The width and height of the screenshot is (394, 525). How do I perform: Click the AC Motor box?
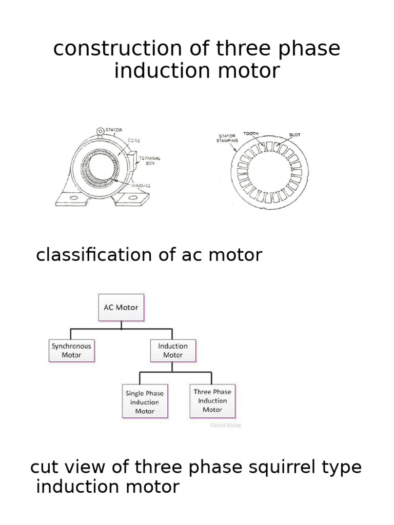click(x=121, y=308)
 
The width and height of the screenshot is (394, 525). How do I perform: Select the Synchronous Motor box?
click(x=71, y=350)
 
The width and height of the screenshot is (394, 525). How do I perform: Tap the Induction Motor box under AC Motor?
click(x=173, y=350)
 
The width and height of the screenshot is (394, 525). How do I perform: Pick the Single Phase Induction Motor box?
click(x=145, y=402)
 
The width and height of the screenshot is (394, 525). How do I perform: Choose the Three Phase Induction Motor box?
click(x=212, y=400)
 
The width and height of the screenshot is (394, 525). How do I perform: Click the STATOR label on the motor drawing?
click(x=114, y=130)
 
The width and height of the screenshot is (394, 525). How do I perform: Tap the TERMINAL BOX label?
click(x=150, y=160)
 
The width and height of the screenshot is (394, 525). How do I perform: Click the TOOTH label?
click(x=251, y=133)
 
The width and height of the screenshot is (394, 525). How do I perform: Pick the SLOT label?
click(x=295, y=135)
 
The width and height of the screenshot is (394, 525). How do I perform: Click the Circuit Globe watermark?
click(x=225, y=425)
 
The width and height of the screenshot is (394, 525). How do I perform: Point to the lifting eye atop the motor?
click(x=100, y=132)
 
